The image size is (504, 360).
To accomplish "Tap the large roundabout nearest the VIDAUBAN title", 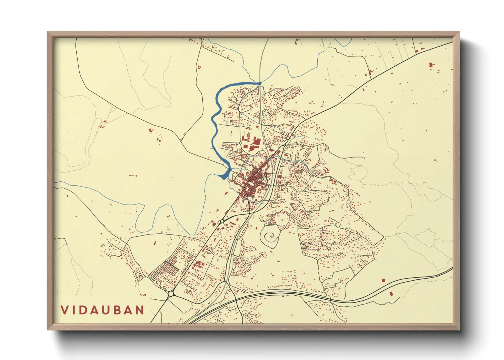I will [x=171, y=294].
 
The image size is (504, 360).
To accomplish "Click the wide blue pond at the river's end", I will [x=224, y=176].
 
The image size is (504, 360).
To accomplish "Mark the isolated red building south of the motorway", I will [x=391, y=293].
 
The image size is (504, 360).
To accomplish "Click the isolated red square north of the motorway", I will [x=383, y=280].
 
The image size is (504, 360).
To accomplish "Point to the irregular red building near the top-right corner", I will [x=431, y=64].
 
